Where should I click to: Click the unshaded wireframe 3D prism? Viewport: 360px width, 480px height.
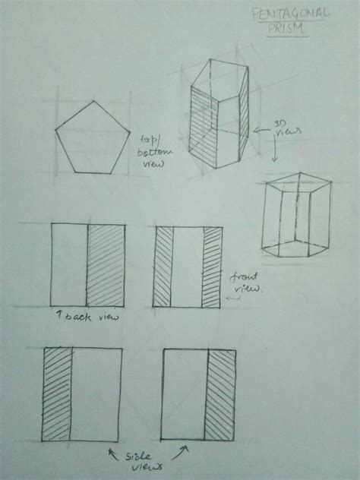pos(295,216)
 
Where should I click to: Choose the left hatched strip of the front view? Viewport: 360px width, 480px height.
pos(164,267)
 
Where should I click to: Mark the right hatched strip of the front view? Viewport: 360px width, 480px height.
pos(211,267)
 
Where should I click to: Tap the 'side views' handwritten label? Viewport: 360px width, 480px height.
pos(141,461)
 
